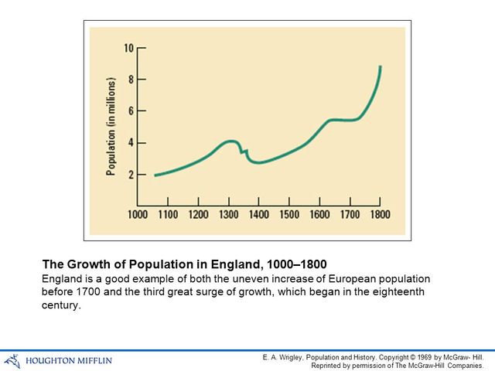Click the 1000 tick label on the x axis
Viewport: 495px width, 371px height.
pyautogui.click(x=138, y=214)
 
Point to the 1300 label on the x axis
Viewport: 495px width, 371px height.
pyautogui.click(x=228, y=214)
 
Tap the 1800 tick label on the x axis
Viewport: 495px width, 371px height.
pyautogui.click(x=379, y=214)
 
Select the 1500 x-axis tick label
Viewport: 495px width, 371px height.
pyautogui.click(x=288, y=214)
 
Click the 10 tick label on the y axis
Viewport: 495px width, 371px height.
pyautogui.click(x=129, y=48)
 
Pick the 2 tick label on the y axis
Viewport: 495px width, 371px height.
pyautogui.click(x=131, y=175)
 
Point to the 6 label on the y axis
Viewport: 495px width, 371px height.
pyautogui.click(x=131, y=111)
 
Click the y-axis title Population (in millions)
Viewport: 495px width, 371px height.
pyautogui.click(x=111, y=126)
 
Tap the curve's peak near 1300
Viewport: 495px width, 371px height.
pyautogui.click(x=230, y=141)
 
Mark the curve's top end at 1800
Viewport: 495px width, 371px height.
pyautogui.click(x=381, y=66)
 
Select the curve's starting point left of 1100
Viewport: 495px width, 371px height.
pyautogui.click(x=155, y=175)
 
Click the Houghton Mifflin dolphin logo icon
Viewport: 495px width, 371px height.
pyautogui.click(x=12, y=359)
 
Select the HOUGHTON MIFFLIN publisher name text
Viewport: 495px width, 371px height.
pyautogui.click(x=69, y=360)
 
